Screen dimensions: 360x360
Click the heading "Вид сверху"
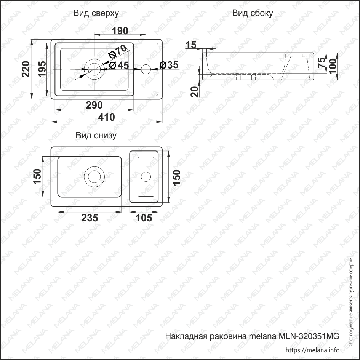click(96, 13)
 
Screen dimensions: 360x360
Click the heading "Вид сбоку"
click(253, 13)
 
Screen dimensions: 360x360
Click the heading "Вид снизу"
click(96, 135)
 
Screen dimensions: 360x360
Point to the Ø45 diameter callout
click(119, 66)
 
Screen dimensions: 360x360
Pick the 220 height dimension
click(26, 69)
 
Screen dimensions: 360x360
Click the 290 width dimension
click(94, 105)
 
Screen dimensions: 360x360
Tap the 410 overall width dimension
click(106, 117)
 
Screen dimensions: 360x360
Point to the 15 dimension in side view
click(190, 45)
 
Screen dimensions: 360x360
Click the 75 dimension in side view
click(321, 62)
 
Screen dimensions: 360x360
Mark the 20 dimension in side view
click(195, 91)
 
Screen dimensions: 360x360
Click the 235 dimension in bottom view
click(90, 218)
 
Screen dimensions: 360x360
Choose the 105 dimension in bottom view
click(144, 218)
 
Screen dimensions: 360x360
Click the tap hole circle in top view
click(146, 69)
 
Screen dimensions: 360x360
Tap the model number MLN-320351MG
click(309, 336)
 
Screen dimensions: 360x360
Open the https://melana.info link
click(312, 350)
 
